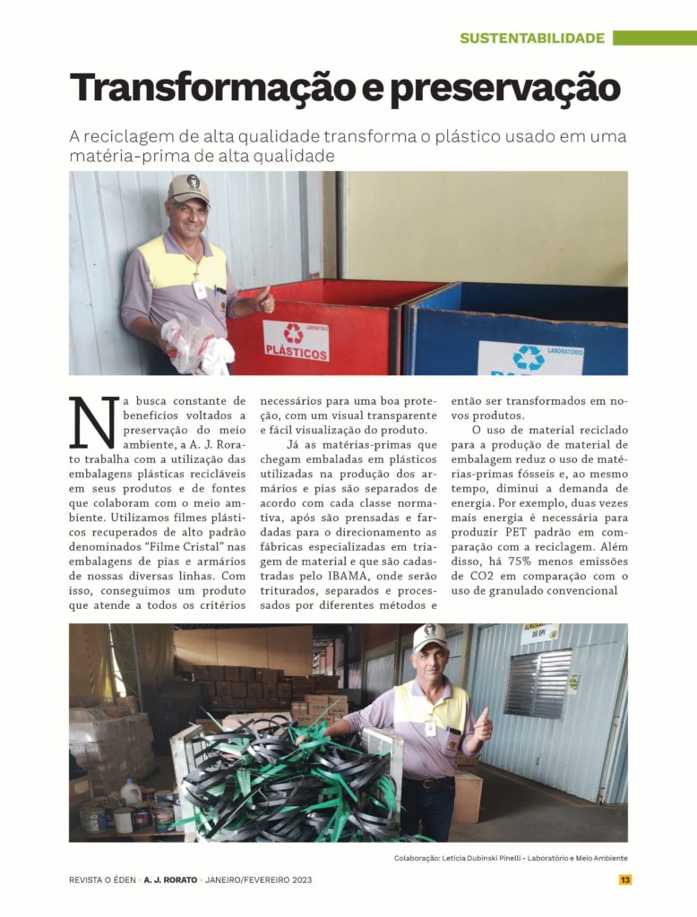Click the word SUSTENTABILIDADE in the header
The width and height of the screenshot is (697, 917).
point(532,39)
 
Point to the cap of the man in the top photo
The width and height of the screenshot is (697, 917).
point(187,188)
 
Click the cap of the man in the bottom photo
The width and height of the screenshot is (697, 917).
point(430,637)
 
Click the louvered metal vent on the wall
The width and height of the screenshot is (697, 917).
point(538,684)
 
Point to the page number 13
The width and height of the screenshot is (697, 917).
point(625,879)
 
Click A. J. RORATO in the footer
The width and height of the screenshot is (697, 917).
point(170,879)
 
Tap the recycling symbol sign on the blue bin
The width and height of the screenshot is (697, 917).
point(529,357)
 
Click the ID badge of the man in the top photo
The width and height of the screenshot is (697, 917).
point(200,288)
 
